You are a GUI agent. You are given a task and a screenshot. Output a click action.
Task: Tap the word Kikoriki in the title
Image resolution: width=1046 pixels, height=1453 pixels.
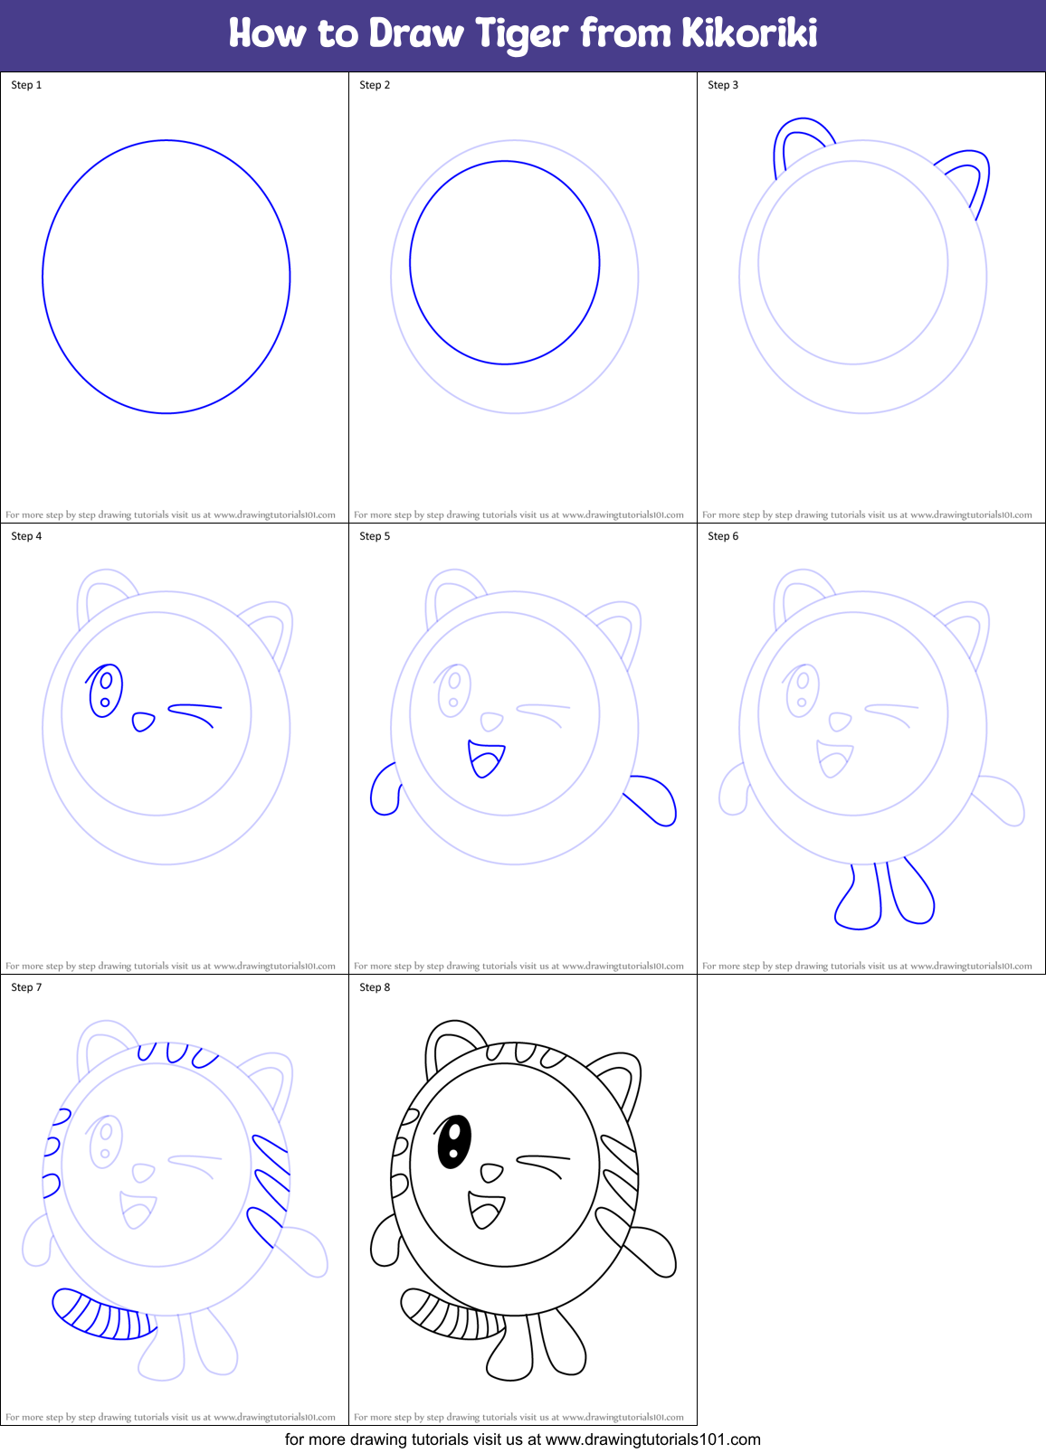[749, 33]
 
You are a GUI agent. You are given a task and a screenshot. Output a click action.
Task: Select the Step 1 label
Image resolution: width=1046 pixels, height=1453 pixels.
[26, 85]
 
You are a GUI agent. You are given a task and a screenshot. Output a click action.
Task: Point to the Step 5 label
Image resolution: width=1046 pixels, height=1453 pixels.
[375, 536]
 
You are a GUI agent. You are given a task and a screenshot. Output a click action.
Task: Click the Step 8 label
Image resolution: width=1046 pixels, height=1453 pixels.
[375, 987]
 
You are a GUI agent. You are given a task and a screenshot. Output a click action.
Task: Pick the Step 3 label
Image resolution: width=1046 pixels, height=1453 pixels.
[723, 85]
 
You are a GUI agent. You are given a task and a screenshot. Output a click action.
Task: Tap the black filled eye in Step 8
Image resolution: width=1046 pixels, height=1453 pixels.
[453, 1141]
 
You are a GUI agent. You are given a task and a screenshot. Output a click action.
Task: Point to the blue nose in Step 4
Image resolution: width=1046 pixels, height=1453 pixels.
[143, 722]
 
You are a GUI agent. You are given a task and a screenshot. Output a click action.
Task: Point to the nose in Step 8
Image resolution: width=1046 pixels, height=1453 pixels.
[491, 1173]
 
